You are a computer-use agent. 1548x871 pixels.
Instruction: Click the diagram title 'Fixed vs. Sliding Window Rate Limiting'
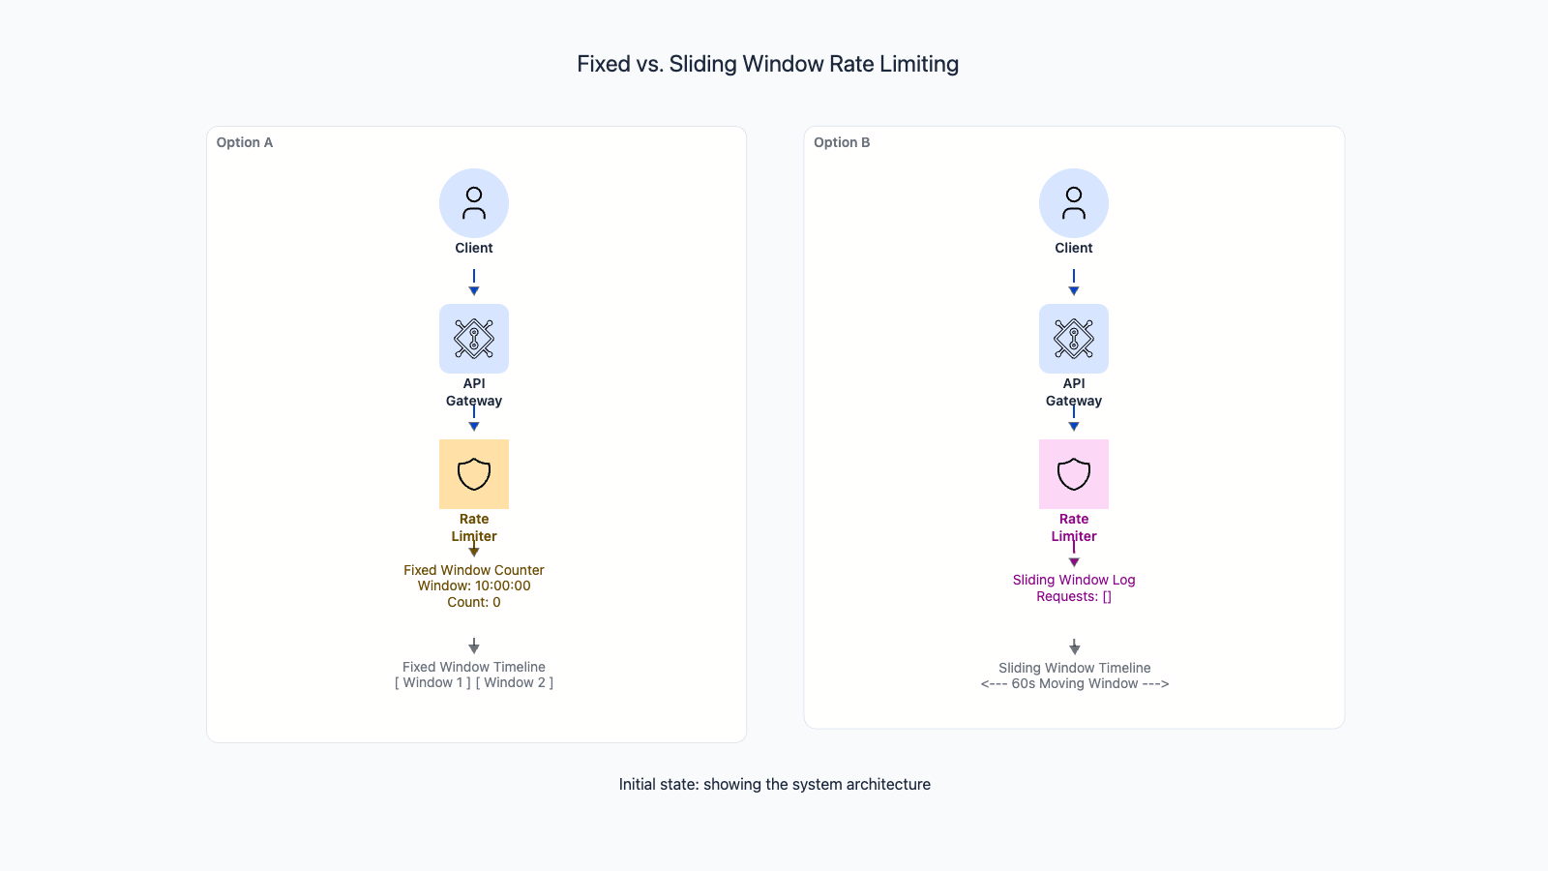(x=767, y=64)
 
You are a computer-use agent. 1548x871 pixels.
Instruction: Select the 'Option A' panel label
(x=245, y=142)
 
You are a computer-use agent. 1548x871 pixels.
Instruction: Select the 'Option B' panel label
(x=842, y=142)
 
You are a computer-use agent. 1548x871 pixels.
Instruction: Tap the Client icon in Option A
(x=474, y=203)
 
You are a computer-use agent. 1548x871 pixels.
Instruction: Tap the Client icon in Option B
(x=1074, y=203)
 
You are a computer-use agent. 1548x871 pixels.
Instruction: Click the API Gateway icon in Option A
(x=474, y=339)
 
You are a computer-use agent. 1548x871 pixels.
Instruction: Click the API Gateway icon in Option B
(x=1074, y=339)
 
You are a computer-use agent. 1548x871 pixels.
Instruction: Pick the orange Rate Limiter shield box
(x=474, y=474)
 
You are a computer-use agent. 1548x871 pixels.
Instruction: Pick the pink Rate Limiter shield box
(x=1074, y=474)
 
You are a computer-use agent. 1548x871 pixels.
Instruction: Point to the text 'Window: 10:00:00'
(x=474, y=586)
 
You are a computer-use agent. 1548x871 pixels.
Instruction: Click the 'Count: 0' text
(x=474, y=602)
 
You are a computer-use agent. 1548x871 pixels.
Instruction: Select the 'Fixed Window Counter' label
(x=474, y=570)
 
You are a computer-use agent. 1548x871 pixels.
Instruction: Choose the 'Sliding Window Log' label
(x=1074, y=580)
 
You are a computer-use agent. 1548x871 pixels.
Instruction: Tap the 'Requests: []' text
(x=1074, y=596)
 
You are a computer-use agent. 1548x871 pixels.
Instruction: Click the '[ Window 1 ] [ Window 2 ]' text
(x=474, y=683)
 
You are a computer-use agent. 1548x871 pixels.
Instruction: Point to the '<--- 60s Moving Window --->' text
(x=1074, y=684)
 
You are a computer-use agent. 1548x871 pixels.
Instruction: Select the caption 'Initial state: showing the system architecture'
(x=774, y=784)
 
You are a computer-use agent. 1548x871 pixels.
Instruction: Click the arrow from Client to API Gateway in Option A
(x=474, y=283)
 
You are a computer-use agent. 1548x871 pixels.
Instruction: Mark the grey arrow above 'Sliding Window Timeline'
(x=1074, y=646)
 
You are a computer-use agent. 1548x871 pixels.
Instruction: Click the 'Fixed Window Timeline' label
(x=474, y=667)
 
